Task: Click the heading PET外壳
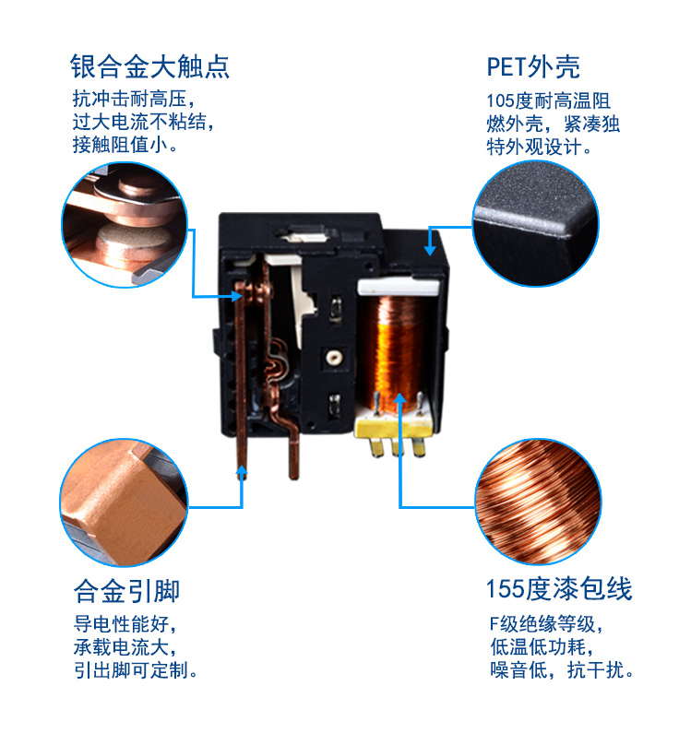(x=533, y=66)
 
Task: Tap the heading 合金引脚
(x=126, y=590)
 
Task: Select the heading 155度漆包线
(x=559, y=589)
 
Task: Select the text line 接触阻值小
(x=125, y=144)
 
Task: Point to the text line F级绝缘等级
(x=544, y=622)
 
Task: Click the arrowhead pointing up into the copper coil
(x=400, y=398)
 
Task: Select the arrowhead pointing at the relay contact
(x=236, y=296)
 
